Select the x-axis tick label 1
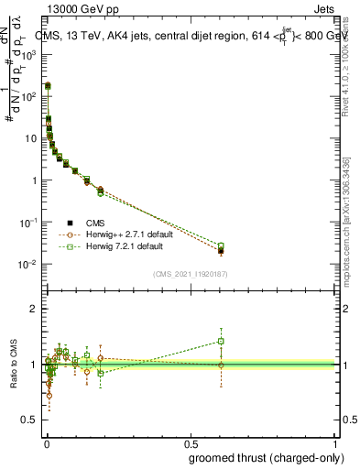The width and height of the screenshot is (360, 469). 336,442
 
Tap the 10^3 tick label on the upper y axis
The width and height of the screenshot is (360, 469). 28,54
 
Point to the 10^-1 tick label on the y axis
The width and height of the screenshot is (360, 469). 28,223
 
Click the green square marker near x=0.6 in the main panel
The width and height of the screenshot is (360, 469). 221,245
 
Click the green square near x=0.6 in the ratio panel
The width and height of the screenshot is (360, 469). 221,341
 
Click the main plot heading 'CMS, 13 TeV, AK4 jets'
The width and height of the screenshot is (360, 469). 92,37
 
